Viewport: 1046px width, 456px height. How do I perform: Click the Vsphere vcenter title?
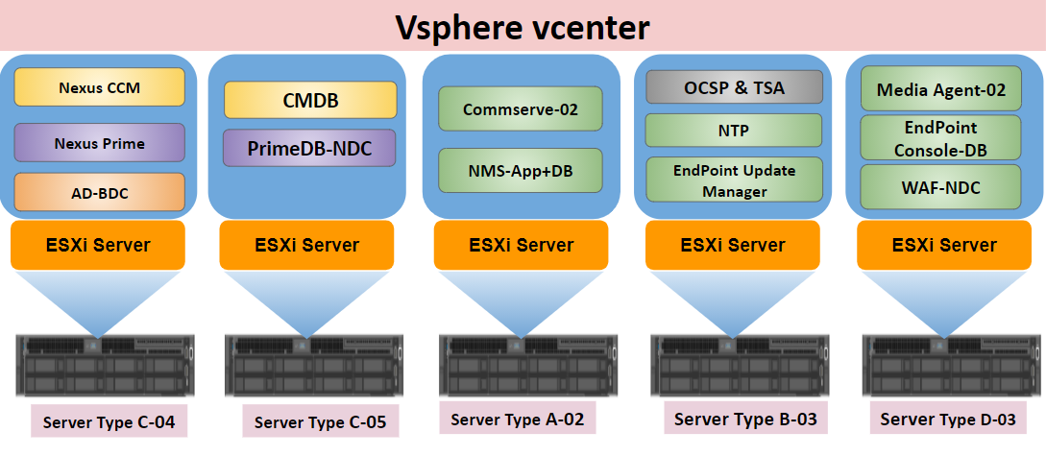point(523,27)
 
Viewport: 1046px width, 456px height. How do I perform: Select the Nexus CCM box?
point(99,86)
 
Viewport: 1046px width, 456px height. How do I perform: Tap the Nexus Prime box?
point(99,142)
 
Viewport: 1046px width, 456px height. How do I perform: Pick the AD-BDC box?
point(99,192)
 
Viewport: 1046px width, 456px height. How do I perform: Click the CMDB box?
point(310,100)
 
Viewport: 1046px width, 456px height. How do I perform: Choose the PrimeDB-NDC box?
point(309,148)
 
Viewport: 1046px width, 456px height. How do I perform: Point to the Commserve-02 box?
point(521,108)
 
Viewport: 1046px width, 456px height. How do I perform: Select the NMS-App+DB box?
point(521,171)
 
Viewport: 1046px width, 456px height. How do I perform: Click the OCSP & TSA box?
point(734,87)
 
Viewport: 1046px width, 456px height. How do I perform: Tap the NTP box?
point(734,130)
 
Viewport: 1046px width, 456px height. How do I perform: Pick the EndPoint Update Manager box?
point(734,180)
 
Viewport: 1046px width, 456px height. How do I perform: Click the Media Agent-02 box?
point(940,88)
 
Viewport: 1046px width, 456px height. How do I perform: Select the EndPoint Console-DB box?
point(940,138)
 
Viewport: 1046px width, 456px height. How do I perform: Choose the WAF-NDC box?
point(940,186)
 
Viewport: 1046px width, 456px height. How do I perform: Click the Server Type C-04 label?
point(109,421)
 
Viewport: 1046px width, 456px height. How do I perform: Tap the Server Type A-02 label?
point(517,419)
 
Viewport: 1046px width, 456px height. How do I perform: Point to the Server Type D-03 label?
point(948,419)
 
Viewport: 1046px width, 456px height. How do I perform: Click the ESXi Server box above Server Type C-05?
point(306,246)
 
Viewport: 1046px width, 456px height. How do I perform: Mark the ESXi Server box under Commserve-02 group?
point(521,246)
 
